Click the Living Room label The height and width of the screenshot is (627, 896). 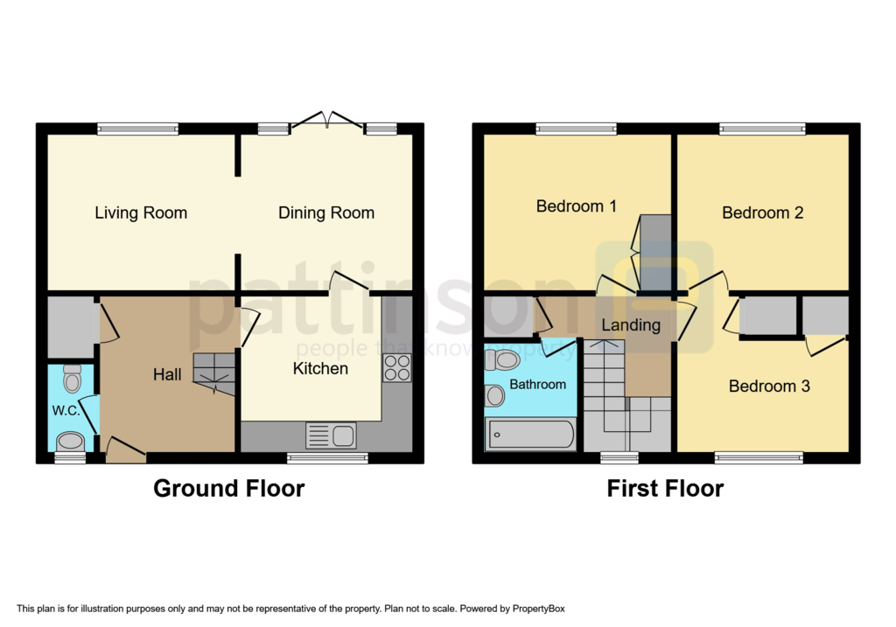141,212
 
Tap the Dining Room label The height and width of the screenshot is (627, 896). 326,212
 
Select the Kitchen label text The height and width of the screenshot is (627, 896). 320,368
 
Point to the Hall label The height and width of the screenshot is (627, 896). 167,374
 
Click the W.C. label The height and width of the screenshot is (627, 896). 66,410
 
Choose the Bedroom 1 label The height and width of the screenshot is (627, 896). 576,206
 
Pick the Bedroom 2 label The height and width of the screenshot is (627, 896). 762,212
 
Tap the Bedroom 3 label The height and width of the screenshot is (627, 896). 769,386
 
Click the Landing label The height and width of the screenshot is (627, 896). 631,325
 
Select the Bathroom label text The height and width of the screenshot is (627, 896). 538,384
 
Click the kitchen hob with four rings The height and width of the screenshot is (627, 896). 396,367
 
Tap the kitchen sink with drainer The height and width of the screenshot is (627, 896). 331,434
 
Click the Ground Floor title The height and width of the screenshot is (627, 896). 229,488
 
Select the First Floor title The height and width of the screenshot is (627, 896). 665,488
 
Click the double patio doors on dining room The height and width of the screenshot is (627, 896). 326,121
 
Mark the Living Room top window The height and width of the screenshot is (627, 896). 138,129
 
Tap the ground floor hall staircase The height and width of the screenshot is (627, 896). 213,373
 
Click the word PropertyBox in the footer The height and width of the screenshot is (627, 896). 541,609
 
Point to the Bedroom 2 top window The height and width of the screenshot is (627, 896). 762,129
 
